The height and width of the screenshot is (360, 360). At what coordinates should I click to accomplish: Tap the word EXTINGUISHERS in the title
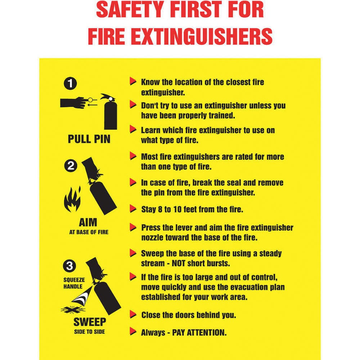(203, 36)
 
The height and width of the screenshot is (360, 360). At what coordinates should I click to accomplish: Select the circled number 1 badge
(70, 83)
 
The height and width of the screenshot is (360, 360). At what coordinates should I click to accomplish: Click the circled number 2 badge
(71, 166)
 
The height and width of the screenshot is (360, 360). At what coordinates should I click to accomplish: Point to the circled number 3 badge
(69, 266)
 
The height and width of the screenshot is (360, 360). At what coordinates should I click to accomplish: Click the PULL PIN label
(89, 139)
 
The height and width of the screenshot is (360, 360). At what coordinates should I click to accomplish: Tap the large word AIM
(88, 222)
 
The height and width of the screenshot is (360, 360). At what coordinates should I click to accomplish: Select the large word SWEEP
(90, 322)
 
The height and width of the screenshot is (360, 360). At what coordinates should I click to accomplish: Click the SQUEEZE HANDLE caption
(74, 283)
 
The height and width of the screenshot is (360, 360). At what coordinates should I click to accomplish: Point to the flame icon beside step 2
(72, 199)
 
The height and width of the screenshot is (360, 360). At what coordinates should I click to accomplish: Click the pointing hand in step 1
(74, 102)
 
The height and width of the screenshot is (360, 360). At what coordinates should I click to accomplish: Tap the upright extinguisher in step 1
(110, 112)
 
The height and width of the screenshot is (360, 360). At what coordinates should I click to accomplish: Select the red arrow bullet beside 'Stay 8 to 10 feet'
(133, 208)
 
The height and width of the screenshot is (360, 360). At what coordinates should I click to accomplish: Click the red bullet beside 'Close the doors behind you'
(133, 314)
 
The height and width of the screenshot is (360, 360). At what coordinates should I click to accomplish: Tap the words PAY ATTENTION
(199, 332)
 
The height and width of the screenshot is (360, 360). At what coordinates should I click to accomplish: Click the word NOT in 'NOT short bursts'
(179, 263)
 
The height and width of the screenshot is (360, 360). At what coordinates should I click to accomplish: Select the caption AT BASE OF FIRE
(89, 232)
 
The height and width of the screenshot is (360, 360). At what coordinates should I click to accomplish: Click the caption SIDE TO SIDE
(90, 332)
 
